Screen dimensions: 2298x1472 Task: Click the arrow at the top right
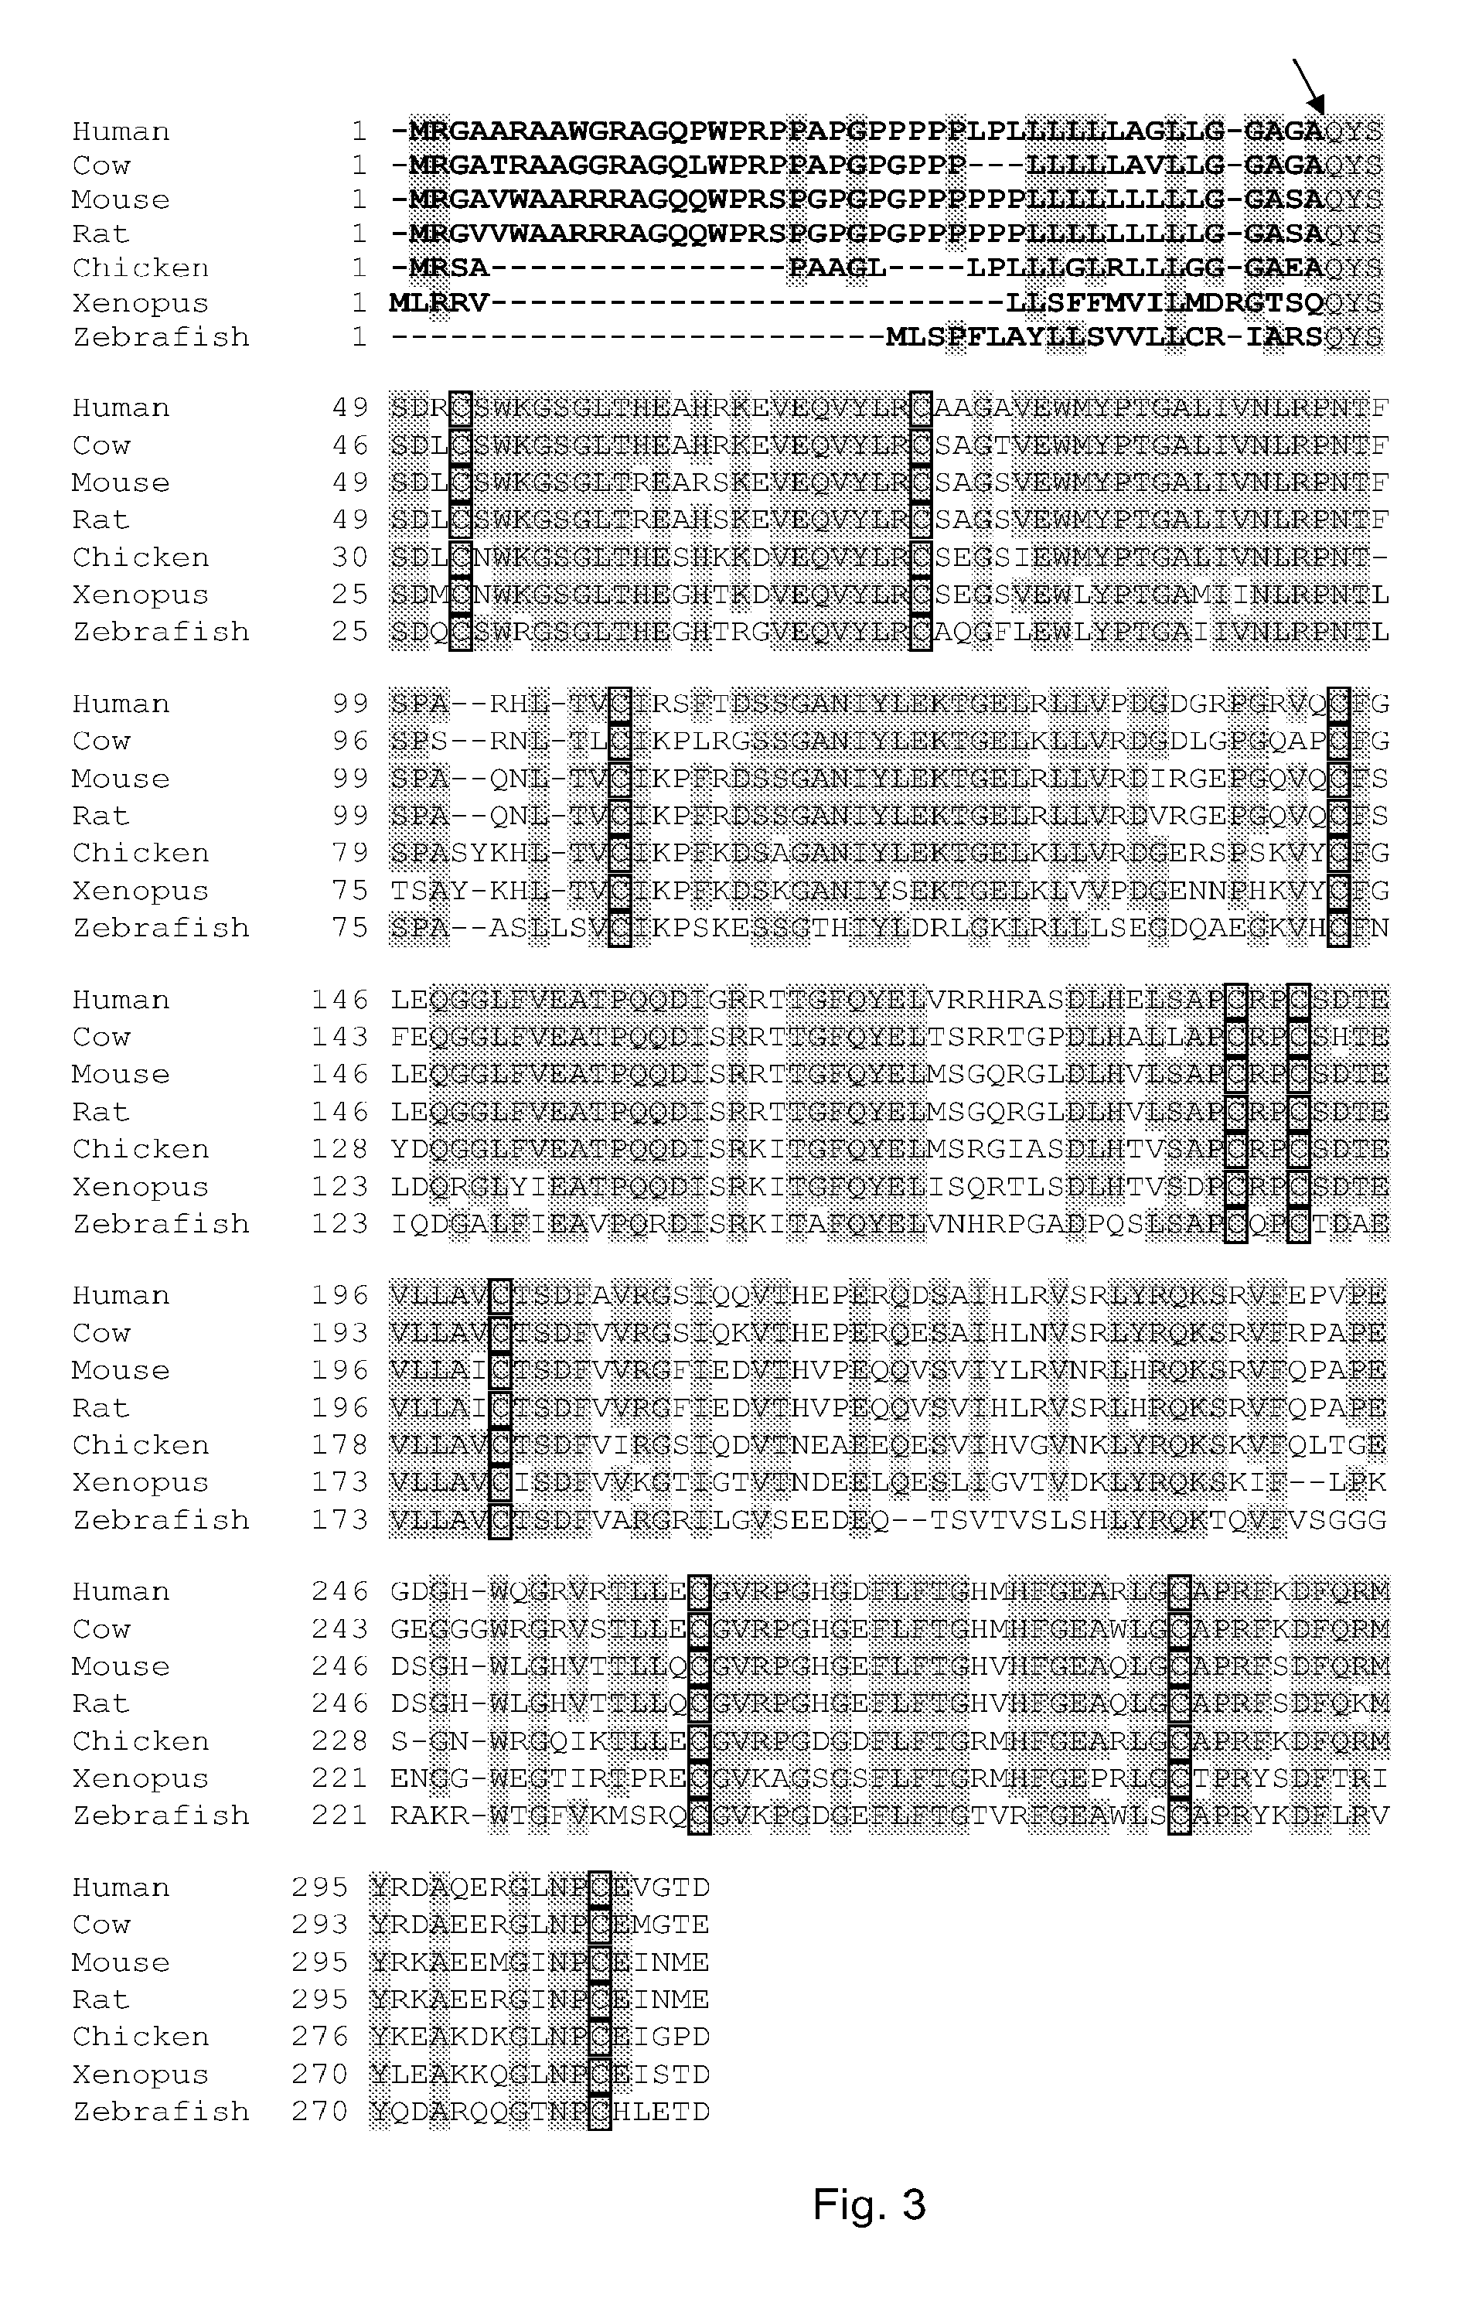click(x=1309, y=87)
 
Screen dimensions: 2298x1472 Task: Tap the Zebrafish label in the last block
click(x=161, y=2111)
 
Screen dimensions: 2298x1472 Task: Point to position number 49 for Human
click(x=351, y=408)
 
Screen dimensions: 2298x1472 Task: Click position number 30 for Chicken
click(x=351, y=557)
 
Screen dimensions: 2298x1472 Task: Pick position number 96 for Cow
click(x=351, y=741)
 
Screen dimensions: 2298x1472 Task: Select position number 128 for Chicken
click(x=340, y=1149)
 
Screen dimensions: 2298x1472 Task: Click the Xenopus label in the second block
click(x=141, y=595)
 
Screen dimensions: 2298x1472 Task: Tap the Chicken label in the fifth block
click(x=141, y=1444)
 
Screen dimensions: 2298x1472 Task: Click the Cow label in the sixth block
click(x=101, y=1629)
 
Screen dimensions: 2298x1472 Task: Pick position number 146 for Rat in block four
click(x=340, y=1112)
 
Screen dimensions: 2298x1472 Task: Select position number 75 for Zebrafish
click(x=351, y=927)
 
